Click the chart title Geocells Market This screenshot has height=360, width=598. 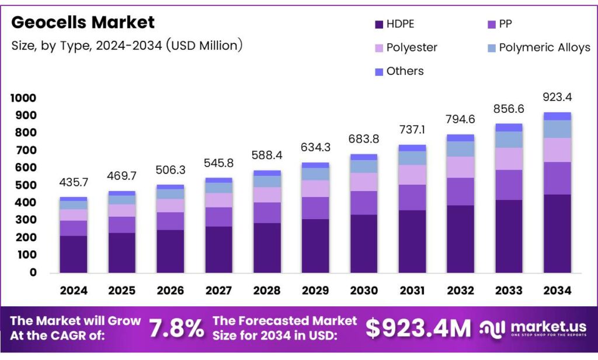click(x=83, y=23)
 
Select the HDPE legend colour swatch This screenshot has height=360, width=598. click(x=378, y=24)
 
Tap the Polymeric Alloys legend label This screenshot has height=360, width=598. click(x=544, y=47)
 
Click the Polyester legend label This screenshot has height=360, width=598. click(x=412, y=47)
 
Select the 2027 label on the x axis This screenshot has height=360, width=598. click(x=218, y=290)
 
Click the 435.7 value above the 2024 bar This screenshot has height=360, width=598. click(x=73, y=183)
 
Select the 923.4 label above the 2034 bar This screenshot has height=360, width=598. click(x=556, y=96)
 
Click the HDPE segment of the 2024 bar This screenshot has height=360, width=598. click(x=73, y=254)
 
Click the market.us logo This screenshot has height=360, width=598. click(x=533, y=328)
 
